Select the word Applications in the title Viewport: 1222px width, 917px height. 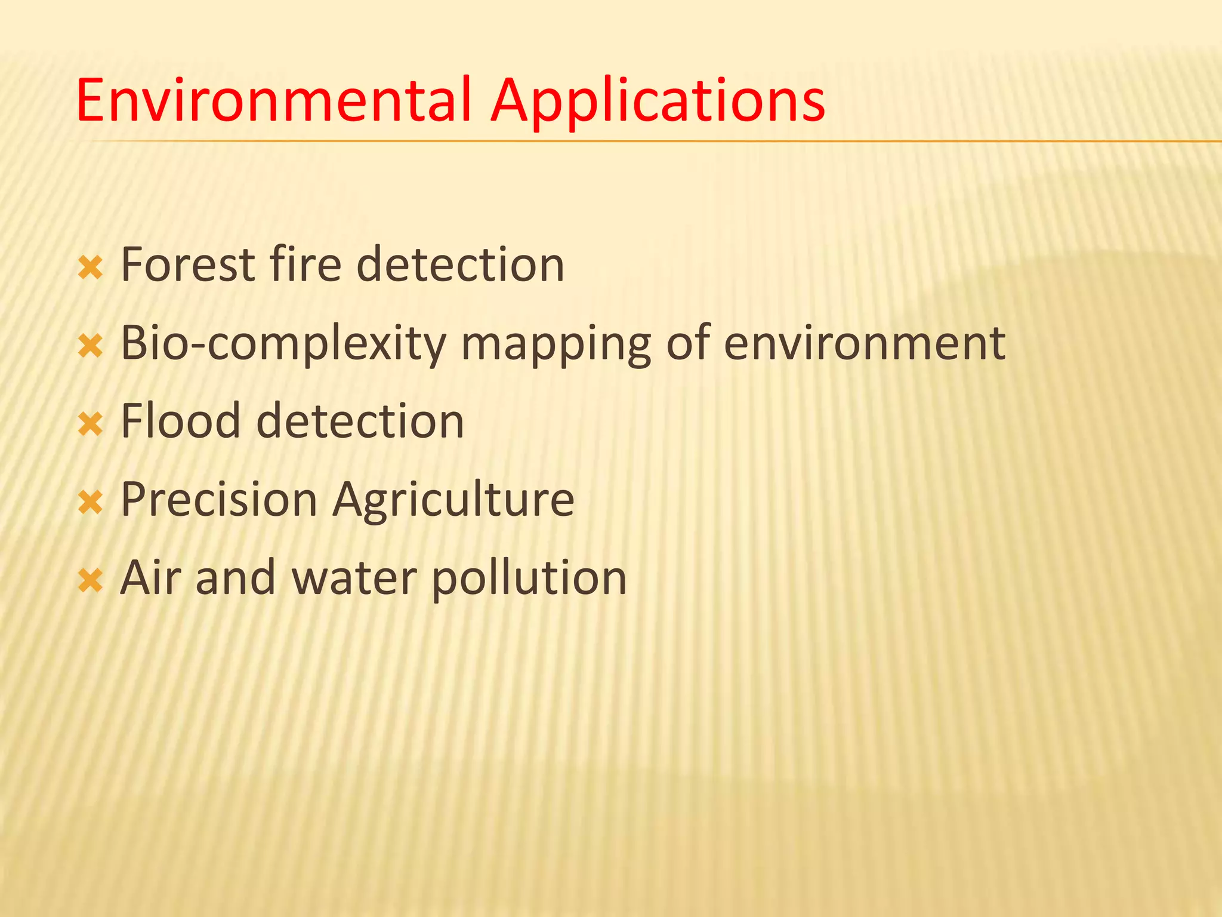pyautogui.click(x=658, y=101)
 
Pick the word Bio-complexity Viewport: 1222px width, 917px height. pyautogui.click(x=283, y=344)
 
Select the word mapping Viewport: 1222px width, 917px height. pyautogui.click(x=556, y=344)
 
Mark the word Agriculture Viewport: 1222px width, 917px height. pyautogui.click(x=453, y=500)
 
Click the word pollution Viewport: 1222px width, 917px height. pyautogui.click(x=529, y=578)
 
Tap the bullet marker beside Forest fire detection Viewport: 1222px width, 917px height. pyautogui.click(x=91, y=269)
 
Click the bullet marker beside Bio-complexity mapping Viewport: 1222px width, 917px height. pyautogui.click(x=91, y=347)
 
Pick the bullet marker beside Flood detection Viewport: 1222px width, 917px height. pyautogui.click(x=91, y=425)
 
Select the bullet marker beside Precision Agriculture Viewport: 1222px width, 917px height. pyautogui.click(x=91, y=503)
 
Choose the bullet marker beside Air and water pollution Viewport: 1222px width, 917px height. pyautogui.click(x=91, y=581)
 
